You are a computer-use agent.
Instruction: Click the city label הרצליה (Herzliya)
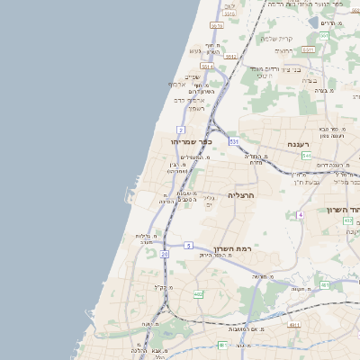click(242, 194)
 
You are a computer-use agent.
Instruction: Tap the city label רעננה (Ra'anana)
click(298, 144)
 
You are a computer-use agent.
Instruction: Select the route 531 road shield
click(234, 141)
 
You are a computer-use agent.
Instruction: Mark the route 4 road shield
click(300, 215)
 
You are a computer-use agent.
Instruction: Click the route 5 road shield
click(188, 245)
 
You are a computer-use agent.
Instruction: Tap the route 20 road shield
click(165, 255)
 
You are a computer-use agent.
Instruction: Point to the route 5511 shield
click(308, 49)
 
